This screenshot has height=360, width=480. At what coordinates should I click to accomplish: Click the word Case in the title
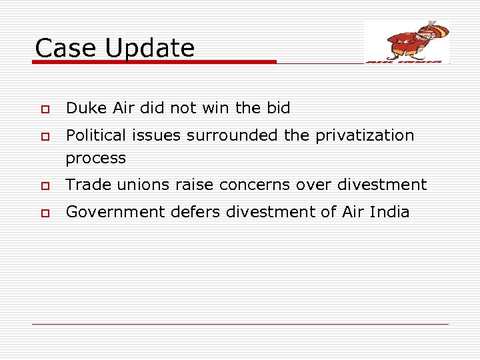[61, 48]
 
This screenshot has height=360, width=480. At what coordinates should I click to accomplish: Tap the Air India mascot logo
[407, 41]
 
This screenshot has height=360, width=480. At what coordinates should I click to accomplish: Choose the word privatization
[365, 135]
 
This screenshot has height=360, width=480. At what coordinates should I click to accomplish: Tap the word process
[95, 159]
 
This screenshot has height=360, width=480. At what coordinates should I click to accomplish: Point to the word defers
[195, 212]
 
